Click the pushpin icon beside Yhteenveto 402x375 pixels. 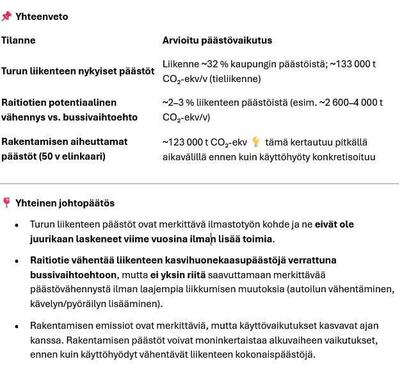click(x=6, y=17)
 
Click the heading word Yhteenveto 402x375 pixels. click(x=42, y=17)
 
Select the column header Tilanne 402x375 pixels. click(x=19, y=40)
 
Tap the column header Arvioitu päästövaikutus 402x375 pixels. click(x=217, y=40)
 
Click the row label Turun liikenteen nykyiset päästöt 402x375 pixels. click(x=77, y=71)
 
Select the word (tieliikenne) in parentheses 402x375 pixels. click(x=237, y=79)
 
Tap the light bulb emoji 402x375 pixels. click(x=256, y=142)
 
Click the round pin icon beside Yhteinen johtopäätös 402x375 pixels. click(x=6, y=203)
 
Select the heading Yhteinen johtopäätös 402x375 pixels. click(x=65, y=203)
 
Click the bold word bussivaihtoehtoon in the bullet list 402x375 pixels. click(x=70, y=275)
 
